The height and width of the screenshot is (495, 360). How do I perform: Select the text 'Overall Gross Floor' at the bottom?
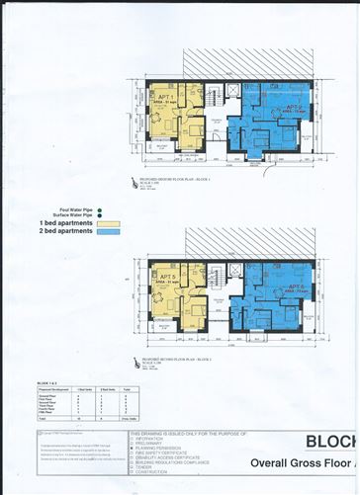[308, 462]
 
